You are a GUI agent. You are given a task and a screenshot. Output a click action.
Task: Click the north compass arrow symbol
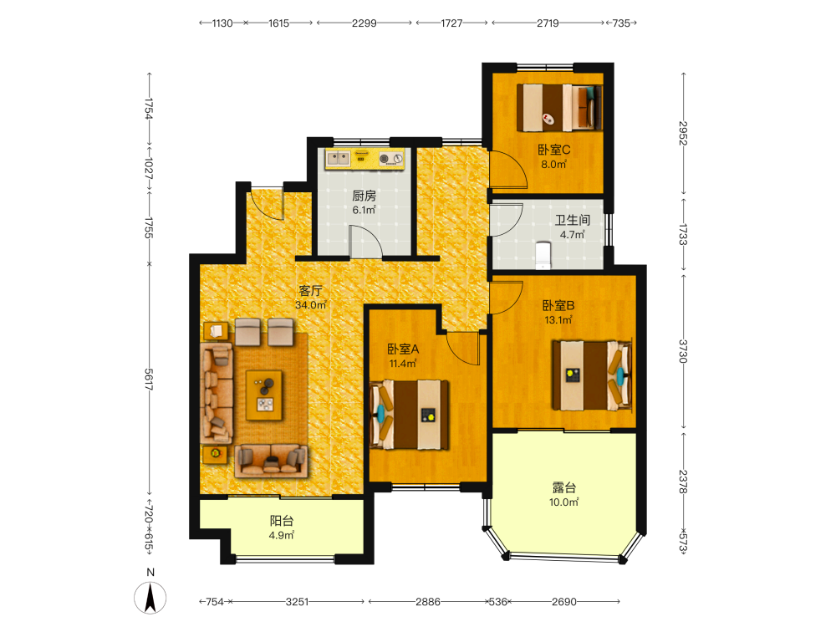coord(150,598)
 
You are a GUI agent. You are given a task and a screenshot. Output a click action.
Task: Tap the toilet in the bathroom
coord(543,255)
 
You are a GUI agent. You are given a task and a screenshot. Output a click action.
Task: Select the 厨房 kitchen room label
coord(364,196)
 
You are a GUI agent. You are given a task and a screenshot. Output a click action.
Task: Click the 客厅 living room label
coord(310,291)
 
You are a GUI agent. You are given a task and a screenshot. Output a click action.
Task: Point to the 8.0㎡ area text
coord(554,164)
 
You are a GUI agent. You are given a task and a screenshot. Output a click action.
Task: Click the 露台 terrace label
coord(564,487)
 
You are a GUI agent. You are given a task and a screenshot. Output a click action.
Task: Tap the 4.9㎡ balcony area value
coord(282,535)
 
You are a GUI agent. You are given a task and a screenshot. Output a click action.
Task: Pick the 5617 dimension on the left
coord(149,379)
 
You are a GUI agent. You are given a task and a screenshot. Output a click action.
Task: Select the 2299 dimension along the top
coord(364,23)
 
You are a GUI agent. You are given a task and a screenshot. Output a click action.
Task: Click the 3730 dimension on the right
coord(683,351)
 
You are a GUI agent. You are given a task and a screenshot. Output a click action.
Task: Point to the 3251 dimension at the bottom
coord(297,601)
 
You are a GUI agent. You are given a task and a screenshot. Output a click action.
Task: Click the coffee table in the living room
coord(264,395)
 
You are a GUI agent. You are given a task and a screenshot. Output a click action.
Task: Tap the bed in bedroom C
coord(559,107)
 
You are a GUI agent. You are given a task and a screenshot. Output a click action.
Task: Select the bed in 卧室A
coord(410,415)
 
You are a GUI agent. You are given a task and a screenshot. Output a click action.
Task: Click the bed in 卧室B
coord(593,375)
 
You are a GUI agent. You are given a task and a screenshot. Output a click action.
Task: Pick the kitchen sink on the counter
coord(339,158)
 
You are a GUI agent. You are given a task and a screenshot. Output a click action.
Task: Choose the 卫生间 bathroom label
coord(573,220)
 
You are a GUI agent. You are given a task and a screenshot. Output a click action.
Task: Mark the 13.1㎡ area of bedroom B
coord(558,320)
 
